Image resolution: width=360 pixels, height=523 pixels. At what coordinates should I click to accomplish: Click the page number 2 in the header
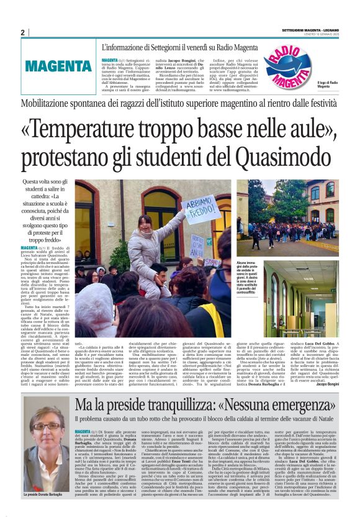point(23,32)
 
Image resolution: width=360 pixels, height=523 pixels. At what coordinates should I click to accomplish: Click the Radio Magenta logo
point(290,65)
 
